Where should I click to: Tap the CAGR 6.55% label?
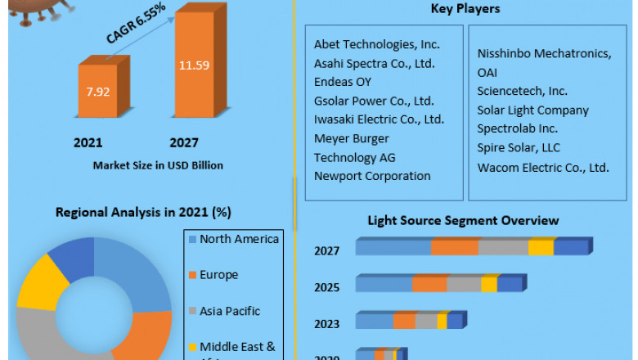pos(135,23)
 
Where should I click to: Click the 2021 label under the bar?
pos(88,142)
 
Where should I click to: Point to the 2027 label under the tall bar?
pos(183,142)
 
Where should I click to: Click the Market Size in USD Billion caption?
pos(158,165)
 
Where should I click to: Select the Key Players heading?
pos(465,9)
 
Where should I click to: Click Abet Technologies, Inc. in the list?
pos(377,44)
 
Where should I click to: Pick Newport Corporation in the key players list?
pos(372,176)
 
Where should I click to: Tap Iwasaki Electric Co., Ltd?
pos(380,119)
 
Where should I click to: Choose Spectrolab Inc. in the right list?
pos(518,128)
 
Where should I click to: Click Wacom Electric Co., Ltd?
pos(543,167)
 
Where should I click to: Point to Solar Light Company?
pos(532,110)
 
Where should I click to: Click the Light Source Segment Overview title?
pos(463,220)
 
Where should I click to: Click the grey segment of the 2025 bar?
pos(464,284)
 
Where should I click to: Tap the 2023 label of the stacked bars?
pos(326,324)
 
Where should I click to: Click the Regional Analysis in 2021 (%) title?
pos(143,212)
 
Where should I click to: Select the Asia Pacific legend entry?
pos(230,311)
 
